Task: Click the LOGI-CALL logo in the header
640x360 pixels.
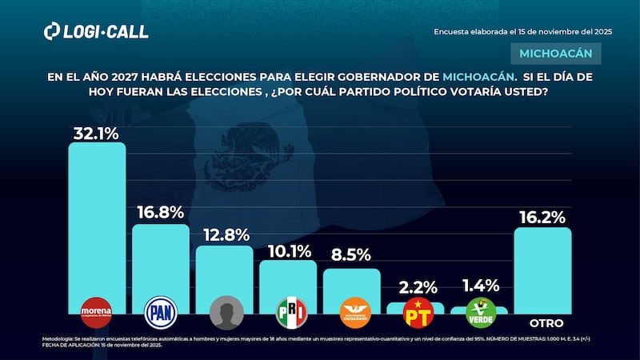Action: [96, 31]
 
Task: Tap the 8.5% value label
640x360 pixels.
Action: [352, 256]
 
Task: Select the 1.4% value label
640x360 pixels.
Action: [481, 286]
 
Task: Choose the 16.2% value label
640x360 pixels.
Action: [542, 216]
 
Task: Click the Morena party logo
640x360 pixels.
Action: [97, 311]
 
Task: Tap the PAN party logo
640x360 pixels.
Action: [160, 311]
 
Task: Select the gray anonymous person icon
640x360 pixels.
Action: [224, 312]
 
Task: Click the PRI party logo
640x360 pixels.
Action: [288, 311]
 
